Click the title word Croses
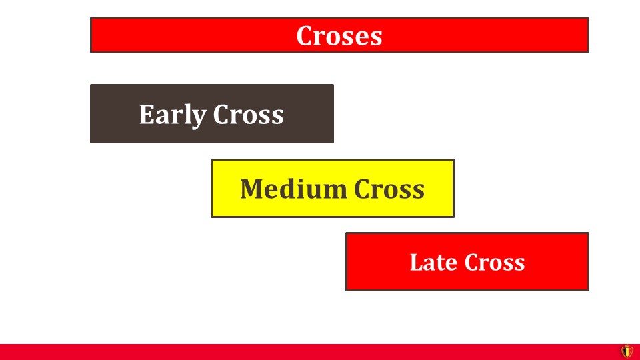[339, 35]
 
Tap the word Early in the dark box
[173, 115]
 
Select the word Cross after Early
[248, 114]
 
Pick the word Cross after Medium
[389, 189]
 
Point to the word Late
[434, 262]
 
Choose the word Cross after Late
[495, 262]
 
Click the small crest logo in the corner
[627, 351]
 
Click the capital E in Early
[147, 114]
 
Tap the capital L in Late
[417, 262]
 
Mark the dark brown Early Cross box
[212, 113]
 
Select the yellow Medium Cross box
[332, 188]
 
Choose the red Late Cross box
[467, 261]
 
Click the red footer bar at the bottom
[310, 352]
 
